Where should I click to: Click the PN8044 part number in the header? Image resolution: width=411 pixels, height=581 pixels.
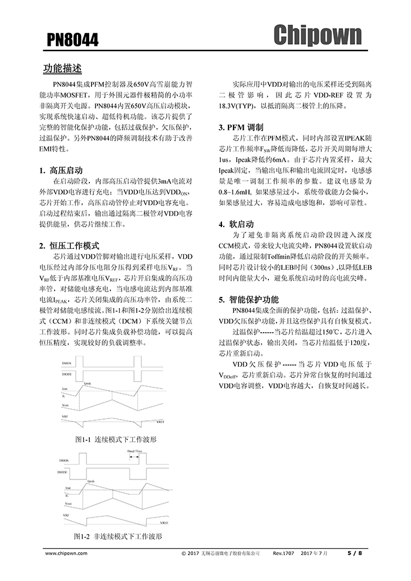click(73, 40)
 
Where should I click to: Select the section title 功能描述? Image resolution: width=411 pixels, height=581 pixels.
click(66, 69)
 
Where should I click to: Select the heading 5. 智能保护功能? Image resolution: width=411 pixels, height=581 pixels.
click(249, 299)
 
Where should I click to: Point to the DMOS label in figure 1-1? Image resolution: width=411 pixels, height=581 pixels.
click(67, 364)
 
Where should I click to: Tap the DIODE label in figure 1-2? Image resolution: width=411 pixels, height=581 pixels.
click(66, 472)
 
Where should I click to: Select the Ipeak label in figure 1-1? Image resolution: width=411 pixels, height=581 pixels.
click(88, 383)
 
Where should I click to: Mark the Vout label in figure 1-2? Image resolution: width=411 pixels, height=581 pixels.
click(68, 504)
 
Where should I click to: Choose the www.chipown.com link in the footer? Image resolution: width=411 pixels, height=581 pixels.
click(66, 553)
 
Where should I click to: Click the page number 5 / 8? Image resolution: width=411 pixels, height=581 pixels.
click(355, 553)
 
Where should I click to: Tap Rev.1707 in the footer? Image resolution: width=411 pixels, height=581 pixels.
click(284, 553)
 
